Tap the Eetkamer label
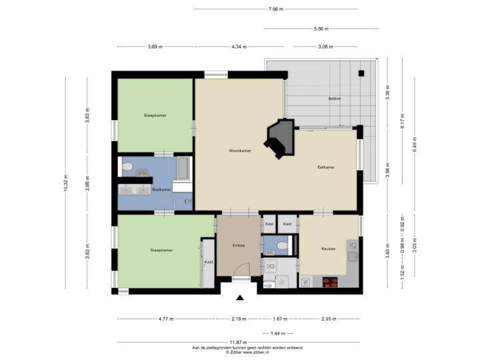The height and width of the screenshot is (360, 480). point(326,167)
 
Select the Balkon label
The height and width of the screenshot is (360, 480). point(335,99)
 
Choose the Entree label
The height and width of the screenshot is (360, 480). point(238,245)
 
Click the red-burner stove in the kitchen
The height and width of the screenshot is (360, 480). point(330,281)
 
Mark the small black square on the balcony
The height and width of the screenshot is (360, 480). point(362,73)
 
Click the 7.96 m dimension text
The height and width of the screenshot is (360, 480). point(275,9)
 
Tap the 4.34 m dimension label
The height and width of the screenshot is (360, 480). point(239,47)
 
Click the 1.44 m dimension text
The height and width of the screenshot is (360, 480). point(278,333)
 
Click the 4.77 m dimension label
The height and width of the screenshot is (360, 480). point(166,319)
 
